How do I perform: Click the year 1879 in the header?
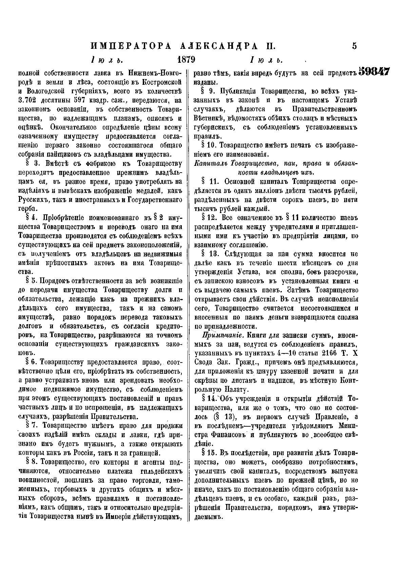(186, 60)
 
